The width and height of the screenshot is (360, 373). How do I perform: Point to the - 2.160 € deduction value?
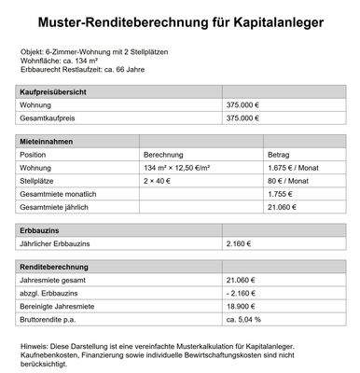pos(242,292)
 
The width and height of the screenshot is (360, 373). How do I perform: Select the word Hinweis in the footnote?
pos(34,346)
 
